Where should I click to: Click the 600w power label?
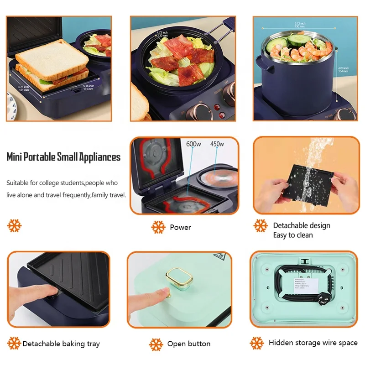coord(194,144)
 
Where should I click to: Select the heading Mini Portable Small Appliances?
coord(63,157)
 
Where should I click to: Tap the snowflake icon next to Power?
coord(158,227)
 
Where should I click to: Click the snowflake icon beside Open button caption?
coord(156,344)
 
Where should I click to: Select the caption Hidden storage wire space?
coord(313,343)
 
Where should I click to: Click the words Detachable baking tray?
coord(61,344)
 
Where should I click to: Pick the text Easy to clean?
coord(292,235)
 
